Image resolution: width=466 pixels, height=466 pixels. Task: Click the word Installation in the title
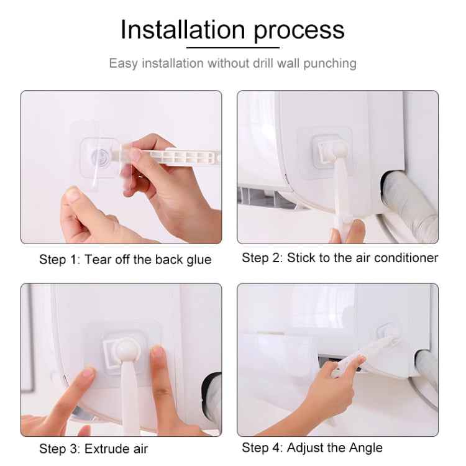[183, 29]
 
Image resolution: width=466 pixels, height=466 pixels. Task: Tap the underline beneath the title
[232, 47]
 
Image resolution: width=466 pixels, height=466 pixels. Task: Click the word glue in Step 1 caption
[197, 260]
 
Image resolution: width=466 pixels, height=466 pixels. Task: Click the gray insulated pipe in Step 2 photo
[410, 205]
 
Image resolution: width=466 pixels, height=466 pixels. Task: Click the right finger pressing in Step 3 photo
[157, 360]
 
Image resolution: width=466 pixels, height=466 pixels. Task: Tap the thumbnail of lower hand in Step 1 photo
[73, 197]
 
